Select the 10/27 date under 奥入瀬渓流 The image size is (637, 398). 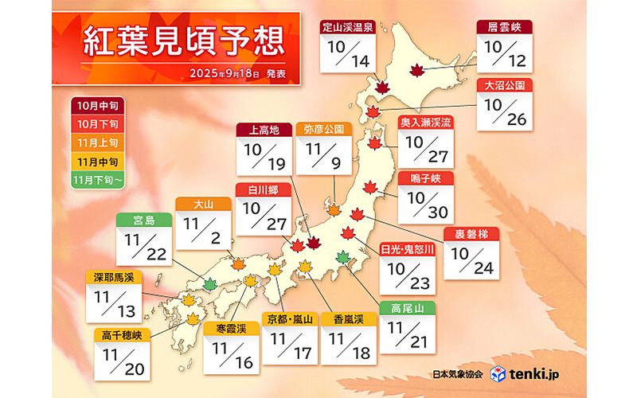click(x=425, y=146)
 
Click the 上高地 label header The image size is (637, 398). click(x=264, y=130)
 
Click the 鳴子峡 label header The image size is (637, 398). click(x=425, y=178)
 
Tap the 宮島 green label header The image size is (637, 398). click(x=143, y=218)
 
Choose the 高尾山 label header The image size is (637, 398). click(x=407, y=307)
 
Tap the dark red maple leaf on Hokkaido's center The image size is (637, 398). click(x=416, y=70)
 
